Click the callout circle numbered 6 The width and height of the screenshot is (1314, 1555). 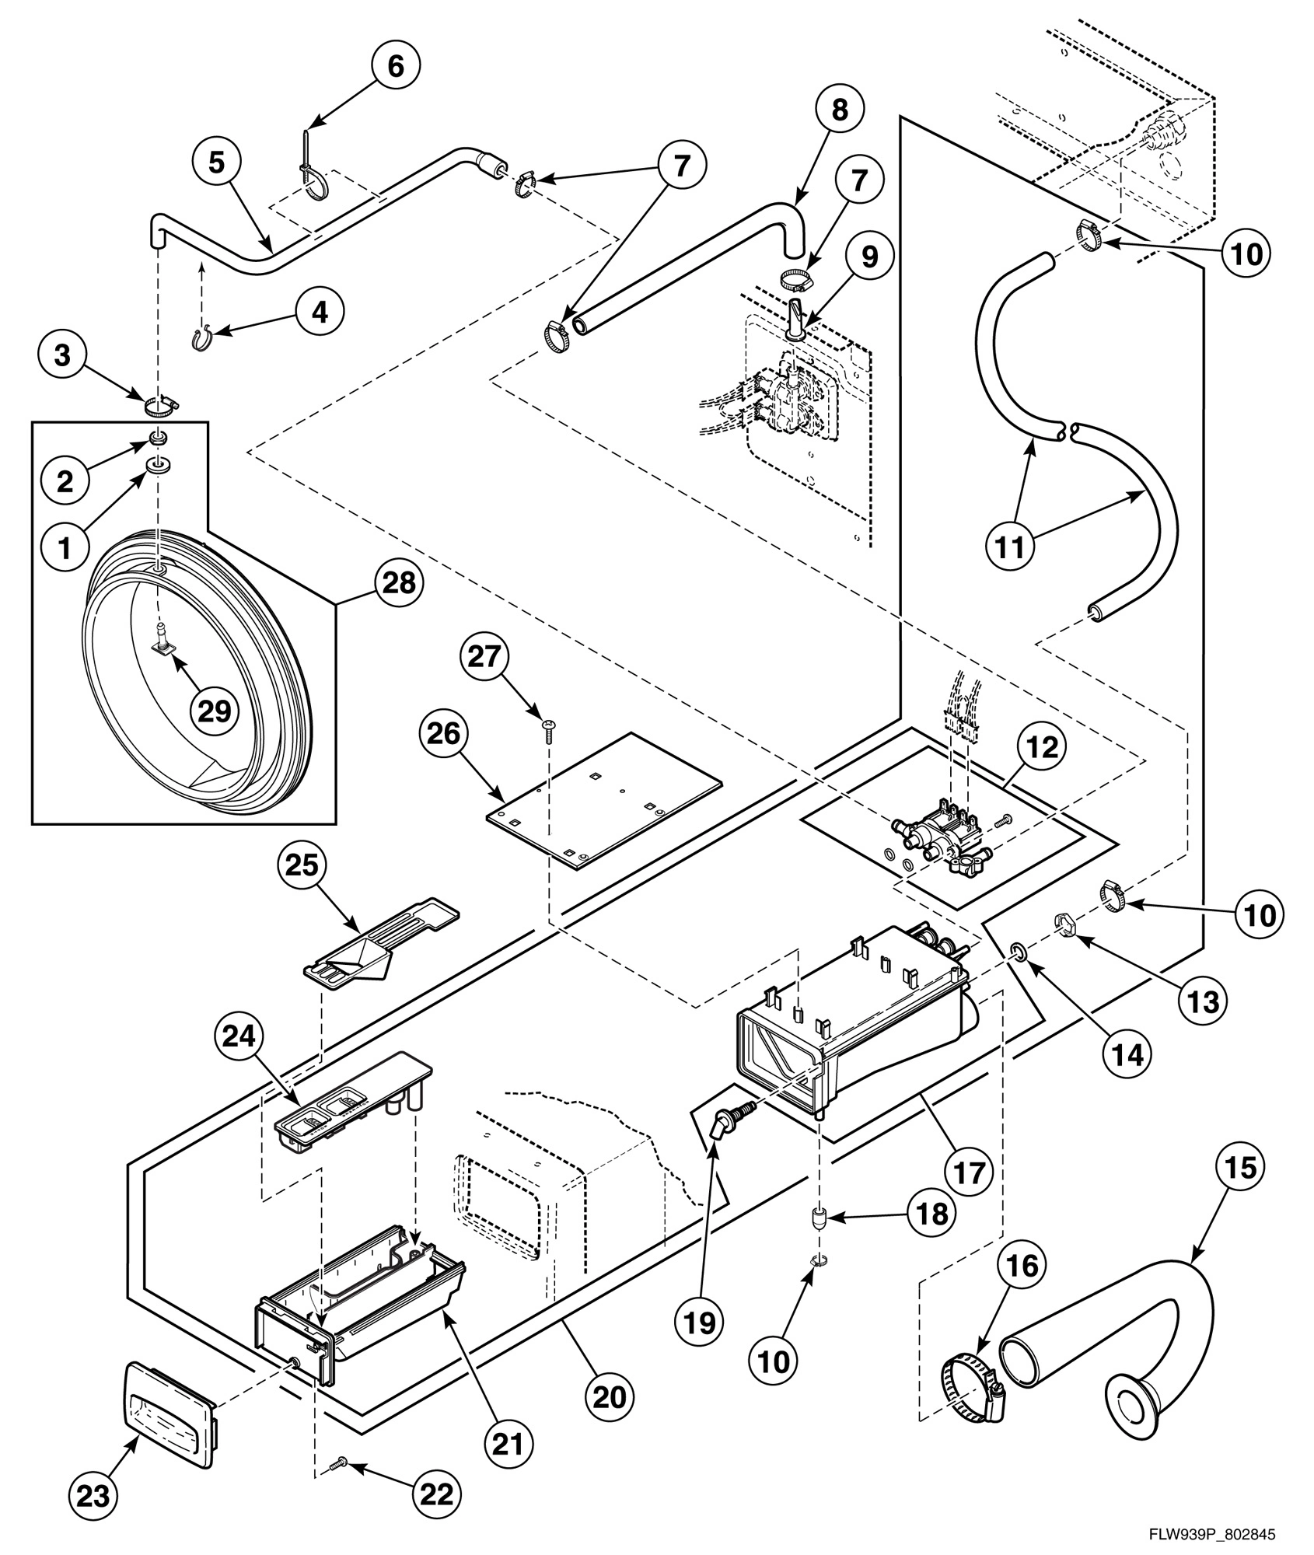(x=395, y=66)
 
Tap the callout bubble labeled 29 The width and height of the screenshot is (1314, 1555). (x=215, y=709)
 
